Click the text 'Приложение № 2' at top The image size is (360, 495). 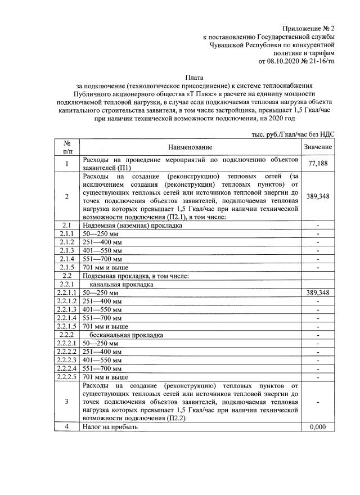tap(308, 28)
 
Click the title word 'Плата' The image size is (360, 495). tap(195, 76)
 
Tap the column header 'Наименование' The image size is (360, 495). tap(192, 147)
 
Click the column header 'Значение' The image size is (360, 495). tap(318, 147)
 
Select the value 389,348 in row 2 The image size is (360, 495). tap(318, 197)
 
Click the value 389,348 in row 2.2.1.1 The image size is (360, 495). tap(318, 293)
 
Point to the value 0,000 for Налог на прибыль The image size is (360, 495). tap(318, 427)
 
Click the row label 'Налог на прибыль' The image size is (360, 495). tap(110, 427)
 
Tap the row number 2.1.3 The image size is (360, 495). tap(67, 250)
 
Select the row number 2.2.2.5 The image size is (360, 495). tap(67, 376)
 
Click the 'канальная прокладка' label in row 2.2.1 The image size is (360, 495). tap(121, 285)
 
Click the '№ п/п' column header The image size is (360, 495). tap(67, 147)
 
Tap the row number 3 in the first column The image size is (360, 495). tap(67, 402)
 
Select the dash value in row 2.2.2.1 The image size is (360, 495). tap(318, 343)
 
